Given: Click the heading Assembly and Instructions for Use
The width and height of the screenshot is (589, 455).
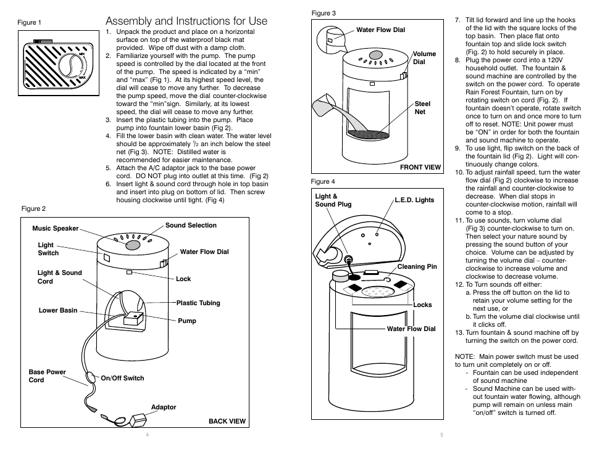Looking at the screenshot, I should point(186,21).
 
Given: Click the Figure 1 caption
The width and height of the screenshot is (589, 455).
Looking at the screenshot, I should point(29,23).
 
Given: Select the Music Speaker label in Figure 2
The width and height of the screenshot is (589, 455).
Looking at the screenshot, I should point(56,229).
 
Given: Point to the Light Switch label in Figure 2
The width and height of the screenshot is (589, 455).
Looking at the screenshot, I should point(48,249).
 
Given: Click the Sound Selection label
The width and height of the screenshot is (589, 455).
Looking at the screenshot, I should point(191,226).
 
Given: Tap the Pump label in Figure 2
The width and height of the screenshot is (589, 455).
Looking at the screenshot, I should point(186,321).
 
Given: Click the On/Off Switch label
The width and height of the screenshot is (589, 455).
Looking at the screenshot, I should point(122,379).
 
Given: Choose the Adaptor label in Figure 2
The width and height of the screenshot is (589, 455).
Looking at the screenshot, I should point(164,408).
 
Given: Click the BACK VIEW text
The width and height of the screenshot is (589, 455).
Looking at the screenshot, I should point(227,422).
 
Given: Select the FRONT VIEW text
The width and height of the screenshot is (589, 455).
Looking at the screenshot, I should point(420,167).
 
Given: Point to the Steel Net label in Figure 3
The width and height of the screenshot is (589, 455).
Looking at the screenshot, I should point(422,108).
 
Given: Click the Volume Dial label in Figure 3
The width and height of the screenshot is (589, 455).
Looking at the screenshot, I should point(424,58).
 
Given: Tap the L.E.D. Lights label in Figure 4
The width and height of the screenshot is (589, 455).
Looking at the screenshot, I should point(414,200).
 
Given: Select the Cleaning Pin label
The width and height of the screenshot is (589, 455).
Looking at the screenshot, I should point(417,267).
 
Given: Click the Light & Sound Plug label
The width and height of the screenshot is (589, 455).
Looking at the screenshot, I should point(333,200).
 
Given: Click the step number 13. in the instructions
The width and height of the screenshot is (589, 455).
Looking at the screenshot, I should point(459,332).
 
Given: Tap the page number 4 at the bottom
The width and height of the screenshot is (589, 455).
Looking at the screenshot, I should point(148,435).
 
